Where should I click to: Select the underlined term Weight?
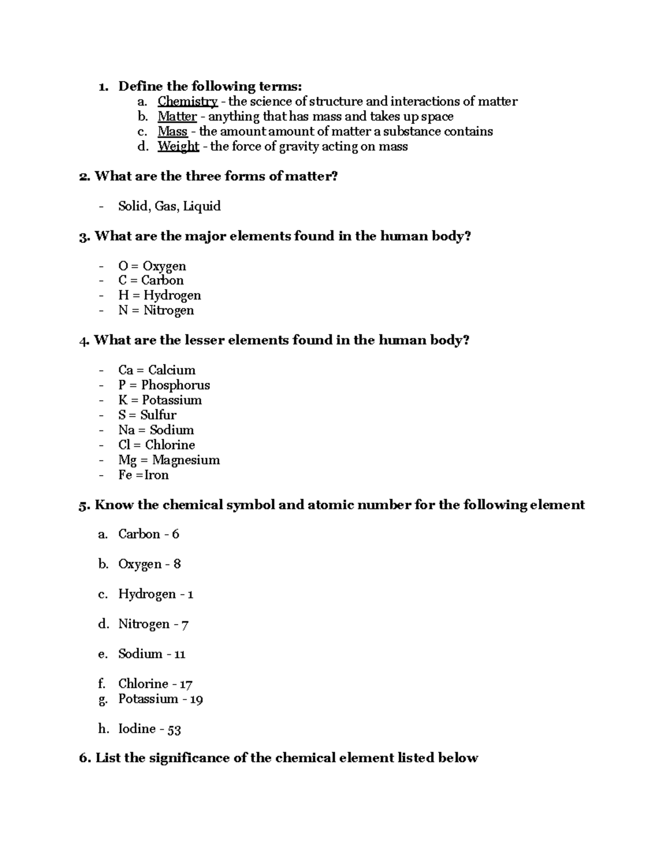pos(178,146)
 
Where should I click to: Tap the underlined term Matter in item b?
pos(177,117)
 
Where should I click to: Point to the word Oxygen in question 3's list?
pos(164,266)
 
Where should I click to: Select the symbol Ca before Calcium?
pos(126,370)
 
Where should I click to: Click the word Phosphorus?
pos(175,385)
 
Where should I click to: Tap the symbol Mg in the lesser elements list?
pos(127,461)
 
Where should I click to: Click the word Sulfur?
pos(158,415)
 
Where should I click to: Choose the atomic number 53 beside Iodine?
pos(174,729)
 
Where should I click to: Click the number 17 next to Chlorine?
pos(185,684)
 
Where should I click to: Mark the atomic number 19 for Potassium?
pos(196,700)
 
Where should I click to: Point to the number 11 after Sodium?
pos(179,654)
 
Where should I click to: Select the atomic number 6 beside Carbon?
pos(175,534)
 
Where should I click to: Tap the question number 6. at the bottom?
pos(85,758)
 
